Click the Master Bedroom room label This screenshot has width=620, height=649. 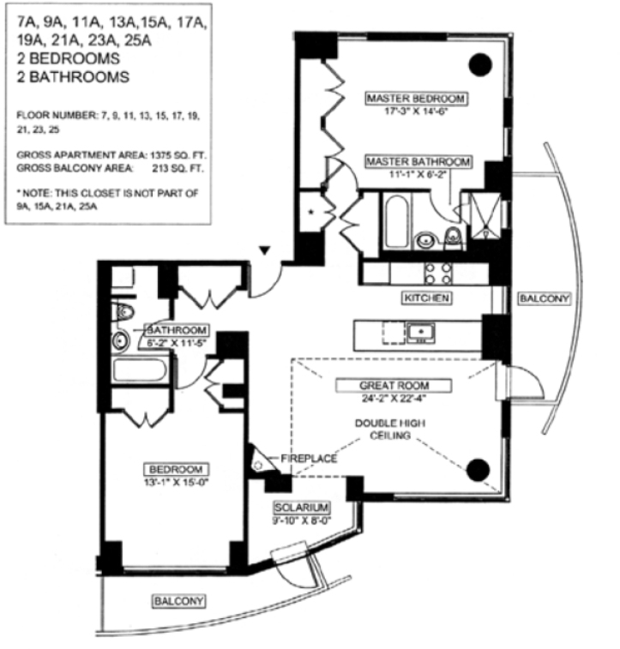pos(417,99)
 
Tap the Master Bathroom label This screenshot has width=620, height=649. pos(418,161)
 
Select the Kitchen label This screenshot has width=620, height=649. pos(427,298)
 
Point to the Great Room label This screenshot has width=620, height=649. pos(394,385)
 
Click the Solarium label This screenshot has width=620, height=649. pos(302,507)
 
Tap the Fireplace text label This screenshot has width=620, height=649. pos(309,458)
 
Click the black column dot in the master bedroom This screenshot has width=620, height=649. pos(480,64)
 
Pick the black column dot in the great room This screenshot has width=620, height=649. pos(478,470)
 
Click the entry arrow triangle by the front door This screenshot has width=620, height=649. pos(264,250)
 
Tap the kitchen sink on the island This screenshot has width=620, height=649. pos(420,333)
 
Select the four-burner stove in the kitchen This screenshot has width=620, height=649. pos(438,274)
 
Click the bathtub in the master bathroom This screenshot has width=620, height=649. pos(395,221)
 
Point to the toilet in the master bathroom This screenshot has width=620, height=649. pos(453,238)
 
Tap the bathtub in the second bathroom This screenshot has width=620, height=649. pos(140,370)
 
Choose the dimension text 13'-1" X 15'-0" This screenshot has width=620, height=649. pos(176,482)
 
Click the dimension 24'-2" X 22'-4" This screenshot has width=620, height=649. pos(394,398)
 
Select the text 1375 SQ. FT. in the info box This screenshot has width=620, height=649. pos(178,155)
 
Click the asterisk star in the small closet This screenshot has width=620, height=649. pos(311,212)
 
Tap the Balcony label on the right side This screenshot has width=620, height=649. pos(545,298)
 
